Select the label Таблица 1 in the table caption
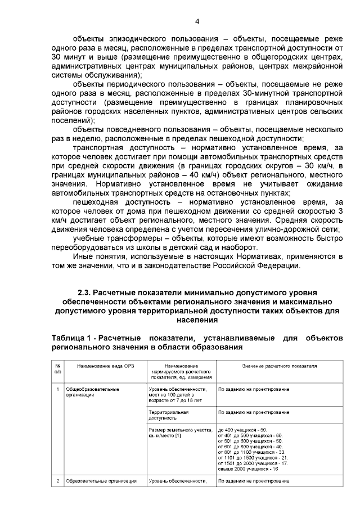point(72,337)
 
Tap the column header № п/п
point(57,368)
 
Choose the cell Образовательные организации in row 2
point(102,481)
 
